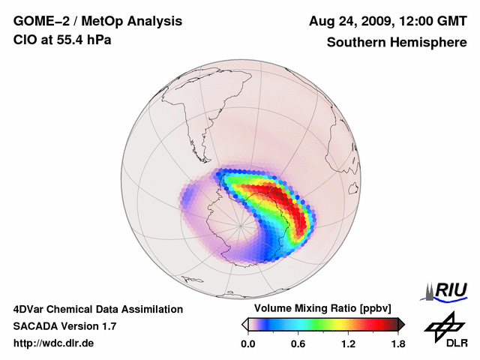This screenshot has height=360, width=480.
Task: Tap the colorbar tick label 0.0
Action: point(248,344)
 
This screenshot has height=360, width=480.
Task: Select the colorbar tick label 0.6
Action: point(298,344)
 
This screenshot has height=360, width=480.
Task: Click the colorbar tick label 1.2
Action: point(348,344)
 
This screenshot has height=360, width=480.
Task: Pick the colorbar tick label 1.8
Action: point(397,344)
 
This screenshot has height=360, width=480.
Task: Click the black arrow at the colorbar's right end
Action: point(401,324)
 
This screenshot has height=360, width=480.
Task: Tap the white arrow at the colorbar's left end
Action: point(244,324)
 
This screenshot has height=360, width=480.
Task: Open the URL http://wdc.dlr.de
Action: point(54,344)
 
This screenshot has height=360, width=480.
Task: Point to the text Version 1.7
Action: point(89,326)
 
